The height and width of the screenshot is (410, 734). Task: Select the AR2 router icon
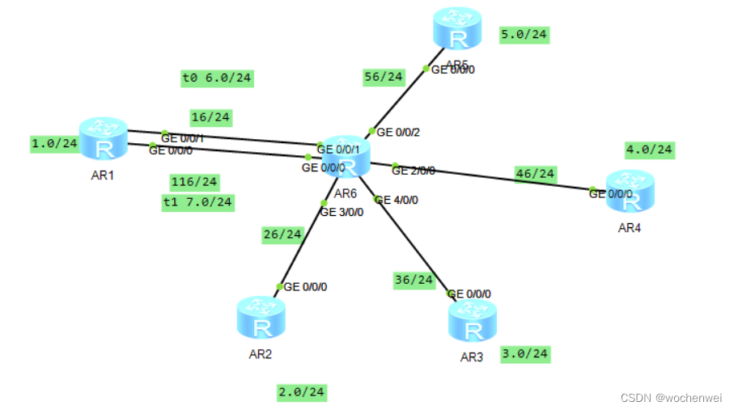pyautogui.click(x=261, y=318)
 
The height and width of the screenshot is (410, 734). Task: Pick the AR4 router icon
pyautogui.click(x=630, y=192)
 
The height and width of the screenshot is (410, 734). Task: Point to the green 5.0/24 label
pyautogui.click(x=525, y=35)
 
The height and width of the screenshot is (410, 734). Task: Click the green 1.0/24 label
pyautogui.click(x=54, y=144)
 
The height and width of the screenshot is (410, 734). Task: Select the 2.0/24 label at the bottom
pyautogui.click(x=301, y=392)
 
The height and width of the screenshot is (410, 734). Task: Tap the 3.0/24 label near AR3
pyautogui.click(x=525, y=353)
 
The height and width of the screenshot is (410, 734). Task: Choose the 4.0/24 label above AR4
pyautogui.click(x=649, y=150)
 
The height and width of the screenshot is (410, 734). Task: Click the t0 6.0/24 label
pyautogui.click(x=217, y=78)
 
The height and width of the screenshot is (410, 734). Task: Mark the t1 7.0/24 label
pyautogui.click(x=197, y=201)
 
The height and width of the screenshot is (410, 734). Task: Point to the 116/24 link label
pyautogui.click(x=193, y=181)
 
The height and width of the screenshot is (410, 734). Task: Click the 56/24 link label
pyautogui.click(x=383, y=77)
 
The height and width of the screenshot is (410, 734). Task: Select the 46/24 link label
pyautogui.click(x=536, y=173)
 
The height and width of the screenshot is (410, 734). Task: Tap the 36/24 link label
pyautogui.click(x=414, y=280)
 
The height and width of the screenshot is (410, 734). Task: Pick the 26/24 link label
pyautogui.click(x=282, y=235)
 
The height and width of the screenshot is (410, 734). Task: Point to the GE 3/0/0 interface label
pyautogui.click(x=342, y=213)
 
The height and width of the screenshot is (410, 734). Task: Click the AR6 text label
pyautogui.click(x=346, y=193)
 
